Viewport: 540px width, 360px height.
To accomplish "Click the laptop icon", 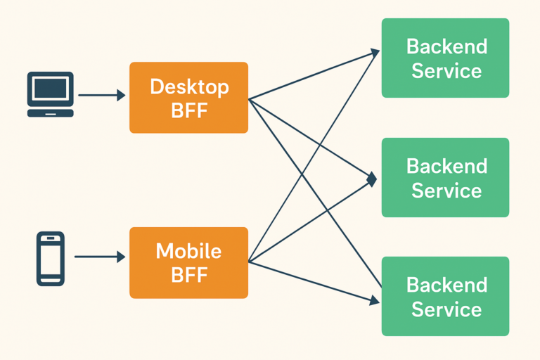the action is coord(51,94).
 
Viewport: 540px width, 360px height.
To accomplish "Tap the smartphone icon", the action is coord(51,259).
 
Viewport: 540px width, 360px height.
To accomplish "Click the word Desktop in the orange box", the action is coord(189,86).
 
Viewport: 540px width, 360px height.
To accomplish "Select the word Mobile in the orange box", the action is coord(188,251).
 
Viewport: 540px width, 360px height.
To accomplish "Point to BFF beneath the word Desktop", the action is coord(189,110).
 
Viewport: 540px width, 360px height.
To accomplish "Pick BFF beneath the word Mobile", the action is coord(189,275).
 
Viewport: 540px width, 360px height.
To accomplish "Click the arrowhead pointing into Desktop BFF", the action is coord(121,95).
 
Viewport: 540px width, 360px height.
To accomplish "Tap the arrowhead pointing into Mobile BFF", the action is coord(121,257).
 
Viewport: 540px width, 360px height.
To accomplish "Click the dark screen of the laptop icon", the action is coord(51,89).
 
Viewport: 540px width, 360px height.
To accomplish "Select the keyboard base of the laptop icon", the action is coord(51,113).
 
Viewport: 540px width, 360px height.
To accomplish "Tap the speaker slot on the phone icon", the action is coord(51,238).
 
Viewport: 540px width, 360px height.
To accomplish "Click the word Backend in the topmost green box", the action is coord(446,46).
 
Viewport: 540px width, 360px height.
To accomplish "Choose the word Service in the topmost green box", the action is coord(446,71).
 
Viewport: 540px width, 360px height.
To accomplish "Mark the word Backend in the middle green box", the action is coord(446,166).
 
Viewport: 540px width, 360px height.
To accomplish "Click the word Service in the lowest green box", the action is coord(446,309).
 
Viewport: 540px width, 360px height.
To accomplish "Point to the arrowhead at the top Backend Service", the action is coord(375,52).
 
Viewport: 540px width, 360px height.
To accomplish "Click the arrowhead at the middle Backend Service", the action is coord(372,179).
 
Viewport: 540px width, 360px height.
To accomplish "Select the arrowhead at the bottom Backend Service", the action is coord(375,300).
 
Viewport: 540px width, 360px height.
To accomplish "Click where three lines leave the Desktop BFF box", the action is coord(249,99).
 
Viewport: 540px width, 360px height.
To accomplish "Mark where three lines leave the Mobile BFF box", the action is coord(249,262).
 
